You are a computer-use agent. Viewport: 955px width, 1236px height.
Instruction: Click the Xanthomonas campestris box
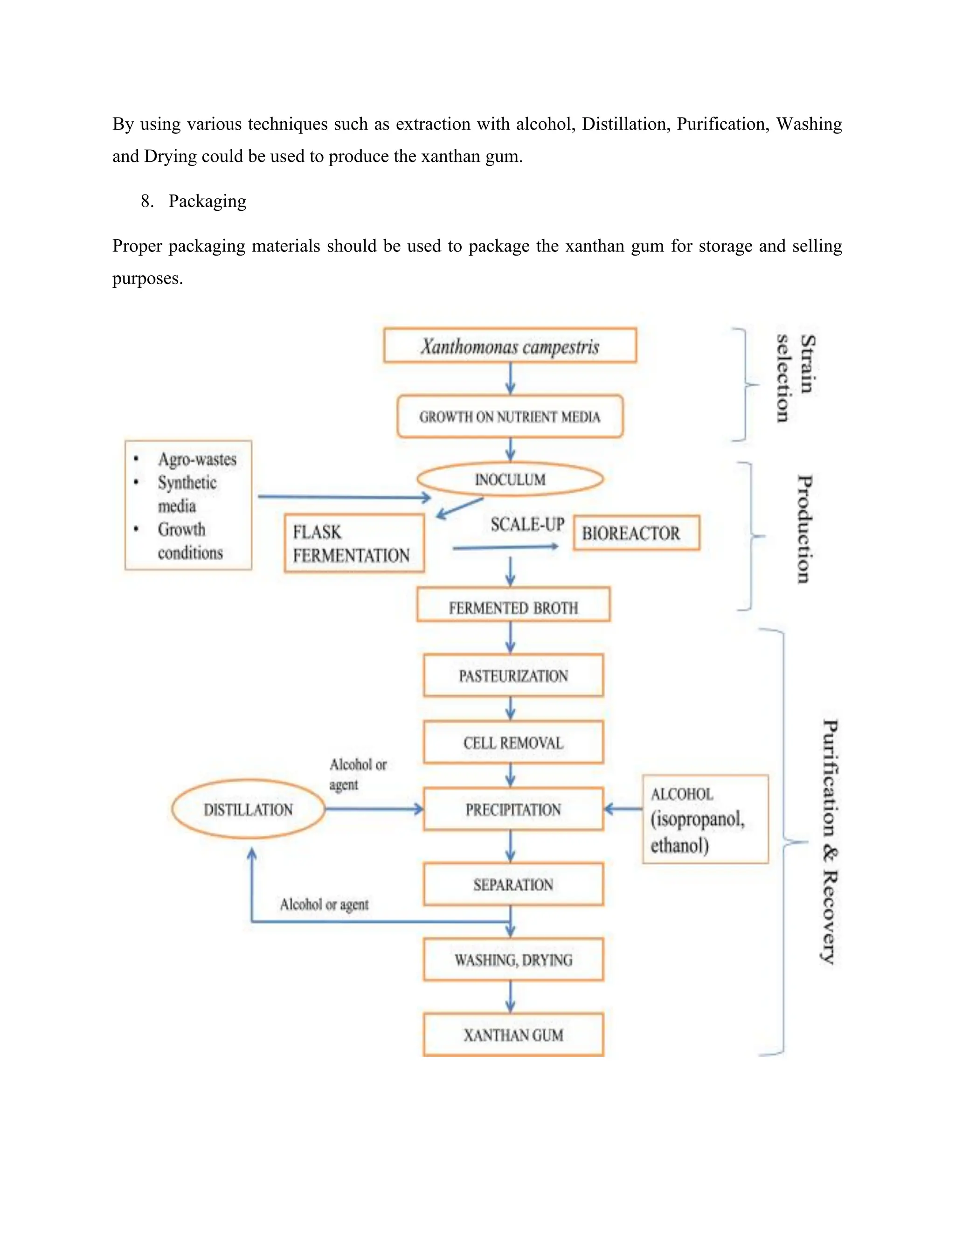point(510,346)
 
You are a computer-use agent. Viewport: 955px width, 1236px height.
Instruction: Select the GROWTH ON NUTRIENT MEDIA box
point(510,417)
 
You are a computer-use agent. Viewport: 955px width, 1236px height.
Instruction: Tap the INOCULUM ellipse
point(510,479)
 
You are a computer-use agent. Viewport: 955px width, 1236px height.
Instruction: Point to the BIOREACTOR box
point(636,533)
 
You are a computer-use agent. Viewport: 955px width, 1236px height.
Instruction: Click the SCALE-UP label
point(527,525)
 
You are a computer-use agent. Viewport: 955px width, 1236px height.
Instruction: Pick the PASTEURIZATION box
point(513,676)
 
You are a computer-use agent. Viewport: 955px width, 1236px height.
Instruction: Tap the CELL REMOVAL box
point(513,743)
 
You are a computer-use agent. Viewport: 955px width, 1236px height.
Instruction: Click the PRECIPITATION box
point(513,809)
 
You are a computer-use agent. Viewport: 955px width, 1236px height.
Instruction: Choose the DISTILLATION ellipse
point(249,809)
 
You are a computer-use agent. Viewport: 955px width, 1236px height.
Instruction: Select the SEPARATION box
point(513,884)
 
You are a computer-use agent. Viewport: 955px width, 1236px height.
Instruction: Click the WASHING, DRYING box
point(513,960)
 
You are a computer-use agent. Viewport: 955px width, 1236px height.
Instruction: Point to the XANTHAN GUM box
point(513,1035)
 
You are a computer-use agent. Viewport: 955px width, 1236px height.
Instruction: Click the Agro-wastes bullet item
point(197,459)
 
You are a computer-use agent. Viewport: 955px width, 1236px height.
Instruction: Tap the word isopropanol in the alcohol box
point(697,819)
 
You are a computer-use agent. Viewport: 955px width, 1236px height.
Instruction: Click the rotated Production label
point(804,529)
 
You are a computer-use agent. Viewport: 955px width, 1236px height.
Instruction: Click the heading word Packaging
point(207,201)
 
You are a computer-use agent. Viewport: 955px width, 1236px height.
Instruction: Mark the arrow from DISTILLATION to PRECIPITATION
point(374,809)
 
